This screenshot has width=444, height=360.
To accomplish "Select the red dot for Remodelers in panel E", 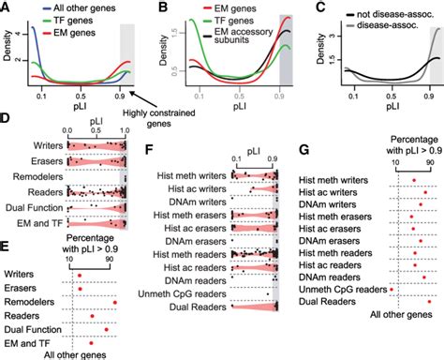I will [x=115, y=301].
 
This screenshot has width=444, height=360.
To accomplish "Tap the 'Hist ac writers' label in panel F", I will [x=193, y=187].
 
